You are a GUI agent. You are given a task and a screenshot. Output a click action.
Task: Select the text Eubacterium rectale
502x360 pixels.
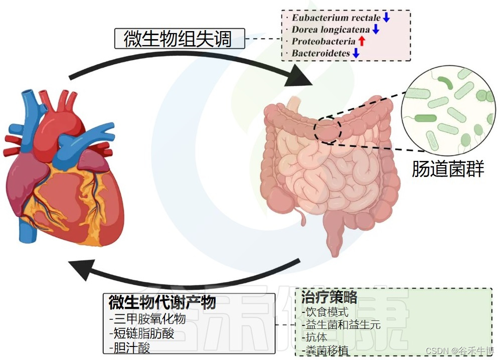[x=336, y=18]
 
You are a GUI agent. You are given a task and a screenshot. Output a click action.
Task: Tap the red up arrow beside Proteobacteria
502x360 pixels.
[x=362, y=41]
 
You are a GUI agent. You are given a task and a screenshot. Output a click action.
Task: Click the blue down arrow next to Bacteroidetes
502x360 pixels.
[x=356, y=53]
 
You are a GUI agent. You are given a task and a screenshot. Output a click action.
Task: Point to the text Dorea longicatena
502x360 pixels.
[x=331, y=30]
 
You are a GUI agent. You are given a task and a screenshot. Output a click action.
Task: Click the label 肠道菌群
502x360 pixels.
[x=448, y=169]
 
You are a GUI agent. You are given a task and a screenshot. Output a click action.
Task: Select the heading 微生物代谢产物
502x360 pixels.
[x=162, y=302]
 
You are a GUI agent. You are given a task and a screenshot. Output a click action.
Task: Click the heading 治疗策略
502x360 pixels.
[x=329, y=297]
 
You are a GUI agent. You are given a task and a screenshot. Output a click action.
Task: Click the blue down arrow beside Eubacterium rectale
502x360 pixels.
[x=386, y=18]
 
